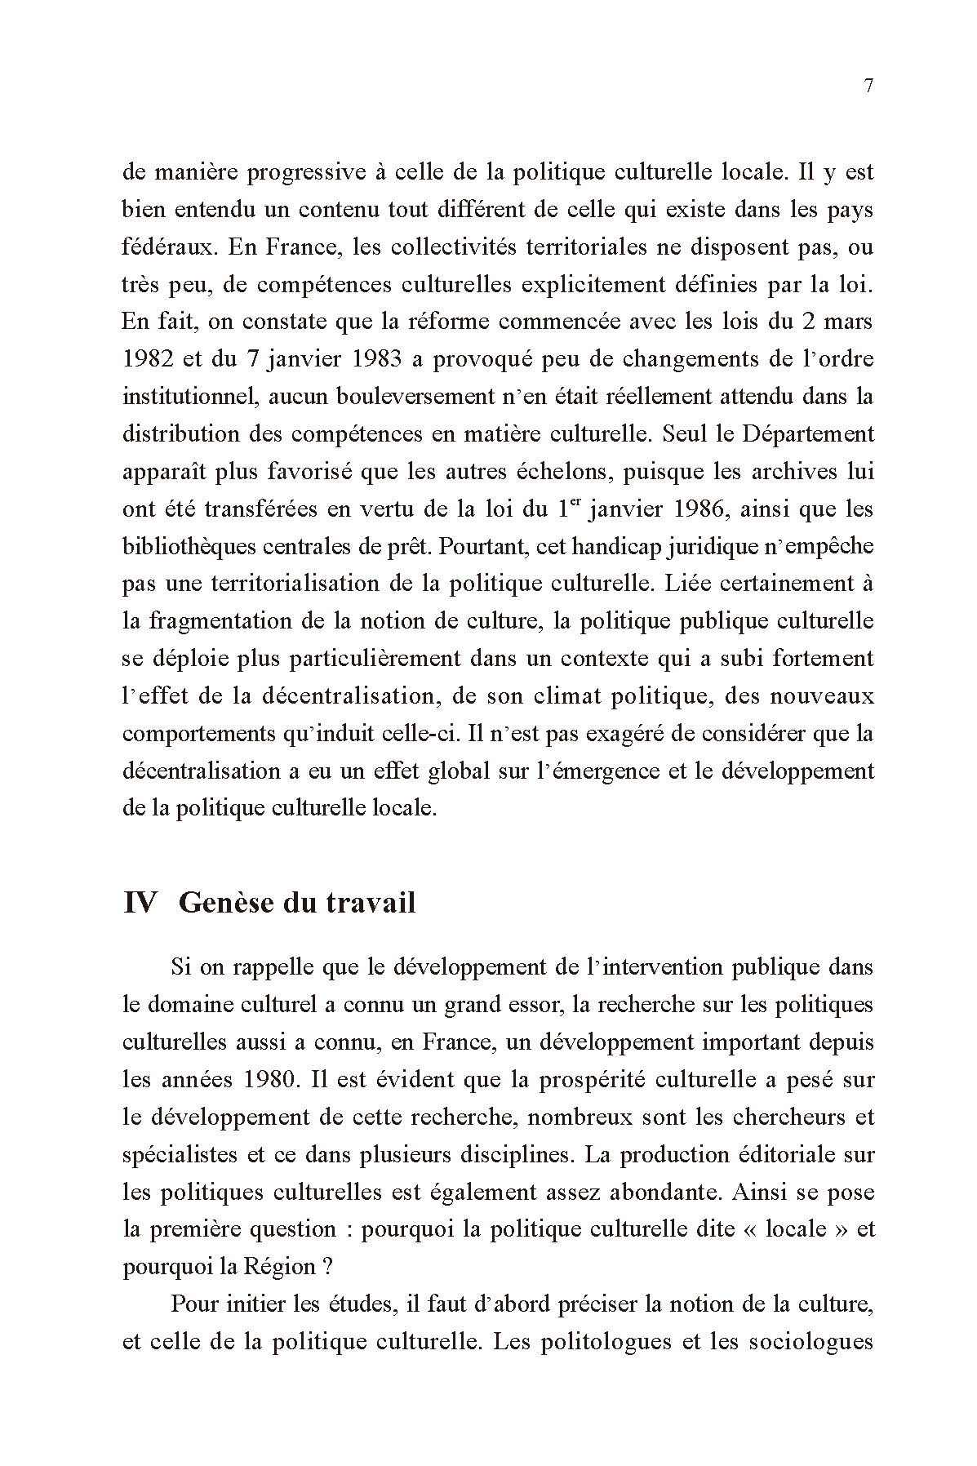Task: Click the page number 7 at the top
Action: pyautogui.click(x=868, y=87)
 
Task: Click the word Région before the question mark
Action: pyautogui.click(x=277, y=1267)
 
